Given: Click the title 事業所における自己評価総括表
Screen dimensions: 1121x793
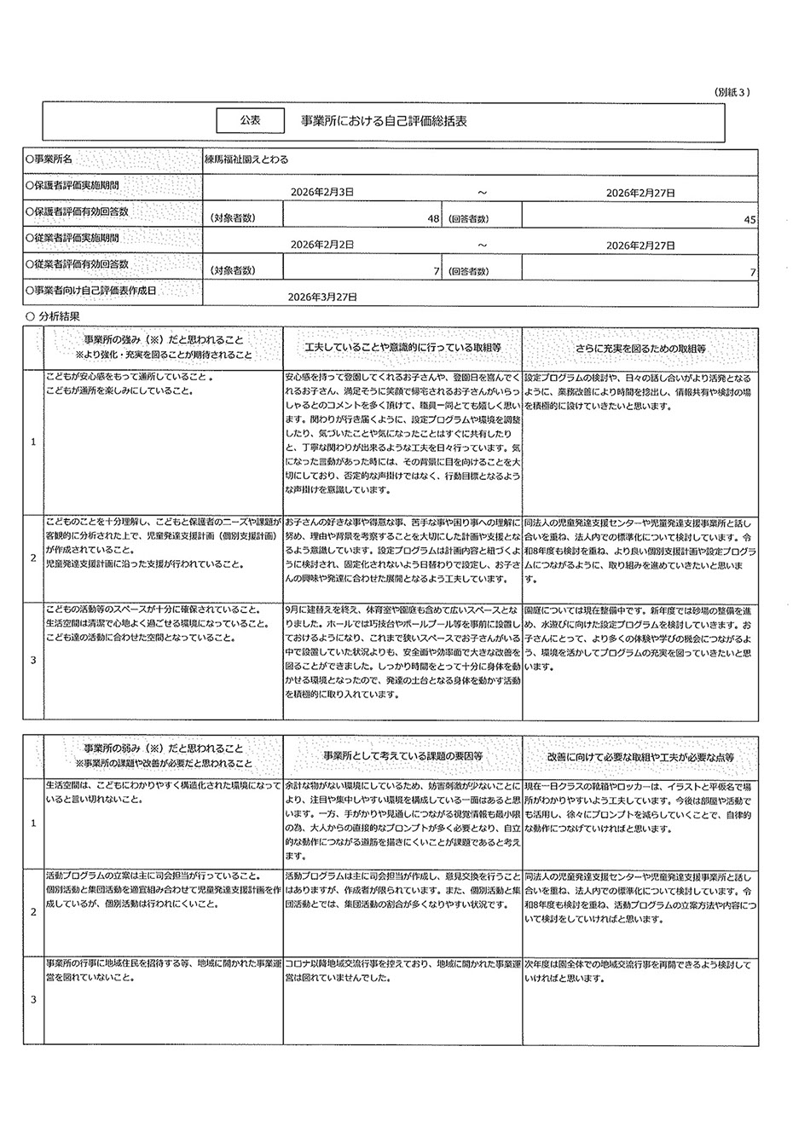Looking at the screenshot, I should (384, 122).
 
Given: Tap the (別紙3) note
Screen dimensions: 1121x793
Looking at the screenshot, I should (731, 92).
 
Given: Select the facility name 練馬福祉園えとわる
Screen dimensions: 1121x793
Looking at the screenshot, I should (246, 159).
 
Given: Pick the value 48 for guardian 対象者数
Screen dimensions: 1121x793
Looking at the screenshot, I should (433, 219).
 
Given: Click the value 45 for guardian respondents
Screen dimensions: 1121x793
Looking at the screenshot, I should (750, 219).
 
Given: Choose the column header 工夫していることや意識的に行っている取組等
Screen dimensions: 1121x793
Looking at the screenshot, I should (402, 349).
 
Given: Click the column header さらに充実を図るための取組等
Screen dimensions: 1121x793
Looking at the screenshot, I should (640, 349).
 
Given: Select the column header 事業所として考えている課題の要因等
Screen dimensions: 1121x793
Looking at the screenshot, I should (402, 756).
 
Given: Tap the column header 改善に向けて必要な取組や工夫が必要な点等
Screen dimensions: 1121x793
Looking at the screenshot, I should (640, 756).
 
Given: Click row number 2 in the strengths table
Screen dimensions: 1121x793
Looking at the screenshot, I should (33, 558).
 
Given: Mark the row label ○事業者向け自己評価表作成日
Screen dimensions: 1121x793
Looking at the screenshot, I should (91, 291).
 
